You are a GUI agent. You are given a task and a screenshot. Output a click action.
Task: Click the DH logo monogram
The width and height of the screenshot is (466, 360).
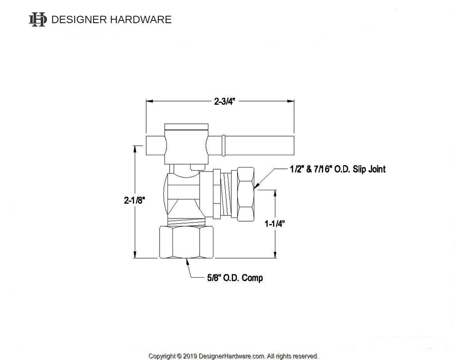(37, 20)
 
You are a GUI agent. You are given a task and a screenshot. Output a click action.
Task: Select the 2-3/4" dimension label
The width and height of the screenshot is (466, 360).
(223, 101)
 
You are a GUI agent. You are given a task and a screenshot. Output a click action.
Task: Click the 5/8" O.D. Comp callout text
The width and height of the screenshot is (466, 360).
(233, 278)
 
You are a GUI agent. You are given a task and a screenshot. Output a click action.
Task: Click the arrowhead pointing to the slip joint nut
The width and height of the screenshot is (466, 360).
(256, 186)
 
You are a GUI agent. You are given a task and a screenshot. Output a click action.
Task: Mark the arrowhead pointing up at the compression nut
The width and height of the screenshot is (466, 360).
(187, 261)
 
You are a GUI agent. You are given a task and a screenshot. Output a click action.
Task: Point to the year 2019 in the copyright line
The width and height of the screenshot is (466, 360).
(190, 356)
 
